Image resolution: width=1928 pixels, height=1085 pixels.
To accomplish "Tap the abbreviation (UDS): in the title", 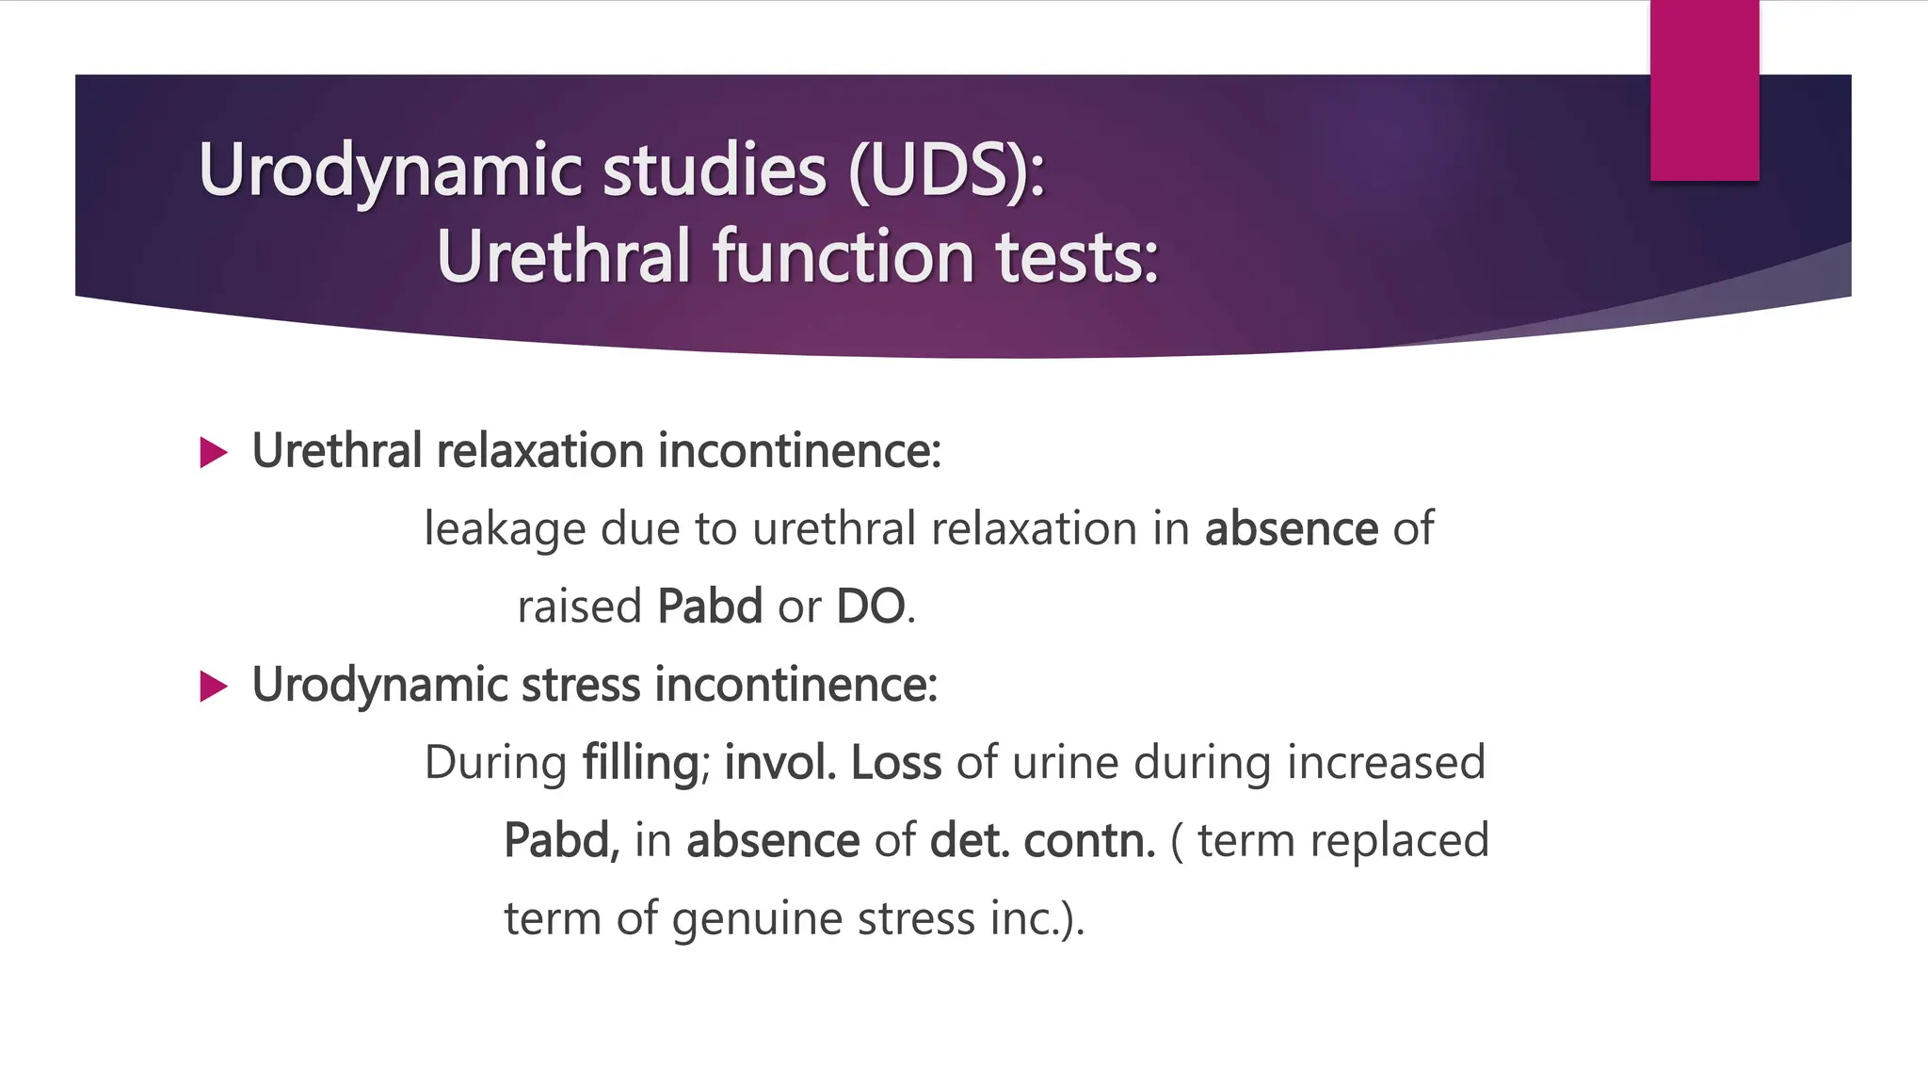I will click(946, 170).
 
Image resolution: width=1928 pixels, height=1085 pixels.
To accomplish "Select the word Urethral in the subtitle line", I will click(564, 256).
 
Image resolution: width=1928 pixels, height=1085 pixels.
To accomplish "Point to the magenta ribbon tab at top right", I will click(1704, 90).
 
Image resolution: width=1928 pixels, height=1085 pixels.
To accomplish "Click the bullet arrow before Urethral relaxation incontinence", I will click(215, 453).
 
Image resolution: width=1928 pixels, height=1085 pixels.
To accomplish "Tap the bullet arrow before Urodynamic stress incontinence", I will click(215, 687).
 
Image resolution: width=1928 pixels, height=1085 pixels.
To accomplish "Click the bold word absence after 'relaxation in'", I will click(1291, 529).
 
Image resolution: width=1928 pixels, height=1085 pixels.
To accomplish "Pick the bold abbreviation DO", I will click(871, 607).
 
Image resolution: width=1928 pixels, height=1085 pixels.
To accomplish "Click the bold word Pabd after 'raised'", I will click(709, 607).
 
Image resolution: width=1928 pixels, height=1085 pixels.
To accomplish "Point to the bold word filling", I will click(640, 763).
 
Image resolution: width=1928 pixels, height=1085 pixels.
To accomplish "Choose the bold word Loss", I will click(895, 763).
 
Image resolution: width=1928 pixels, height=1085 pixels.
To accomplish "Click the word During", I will click(495, 763).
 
